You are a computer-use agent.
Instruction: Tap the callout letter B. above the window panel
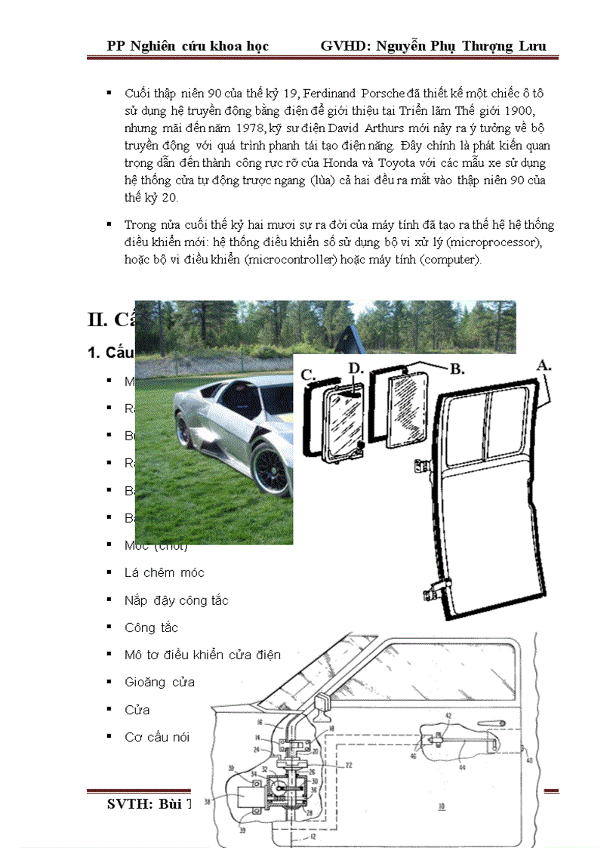[x=457, y=369]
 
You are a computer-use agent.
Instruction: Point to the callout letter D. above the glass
[x=356, y=368]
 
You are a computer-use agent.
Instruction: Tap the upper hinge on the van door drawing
[x=419, y=467]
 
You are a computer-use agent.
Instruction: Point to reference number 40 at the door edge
[x=528, y=760]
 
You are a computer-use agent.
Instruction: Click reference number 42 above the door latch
[x=448, y=715]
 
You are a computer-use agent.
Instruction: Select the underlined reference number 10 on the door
[x=440, y=806]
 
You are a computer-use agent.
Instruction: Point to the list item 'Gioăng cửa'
[x=159, y=682]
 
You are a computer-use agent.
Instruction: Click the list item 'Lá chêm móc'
[x=164, y=572]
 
